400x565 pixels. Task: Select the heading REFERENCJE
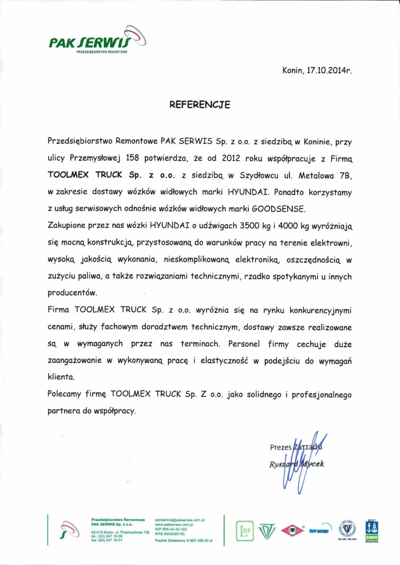[x=200, y=105]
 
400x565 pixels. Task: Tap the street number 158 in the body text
[x=132, y=158]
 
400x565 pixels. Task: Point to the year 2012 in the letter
[x=231, y=158]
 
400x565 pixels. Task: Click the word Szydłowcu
[x=259, y=175]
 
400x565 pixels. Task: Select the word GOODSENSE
[x=278, y=209]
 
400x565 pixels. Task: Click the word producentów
[x=72, y=293]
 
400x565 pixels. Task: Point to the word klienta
[x=61, y=377]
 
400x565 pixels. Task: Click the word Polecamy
[x=64, y=394]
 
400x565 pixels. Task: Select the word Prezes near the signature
[x=280, y=447]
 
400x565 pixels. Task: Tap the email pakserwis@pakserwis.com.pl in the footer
[x=180, y=520]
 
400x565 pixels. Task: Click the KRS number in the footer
[x=170, y=534]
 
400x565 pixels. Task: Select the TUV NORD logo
[x=319, y=531]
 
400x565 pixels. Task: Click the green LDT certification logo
[x=244, y=531]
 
